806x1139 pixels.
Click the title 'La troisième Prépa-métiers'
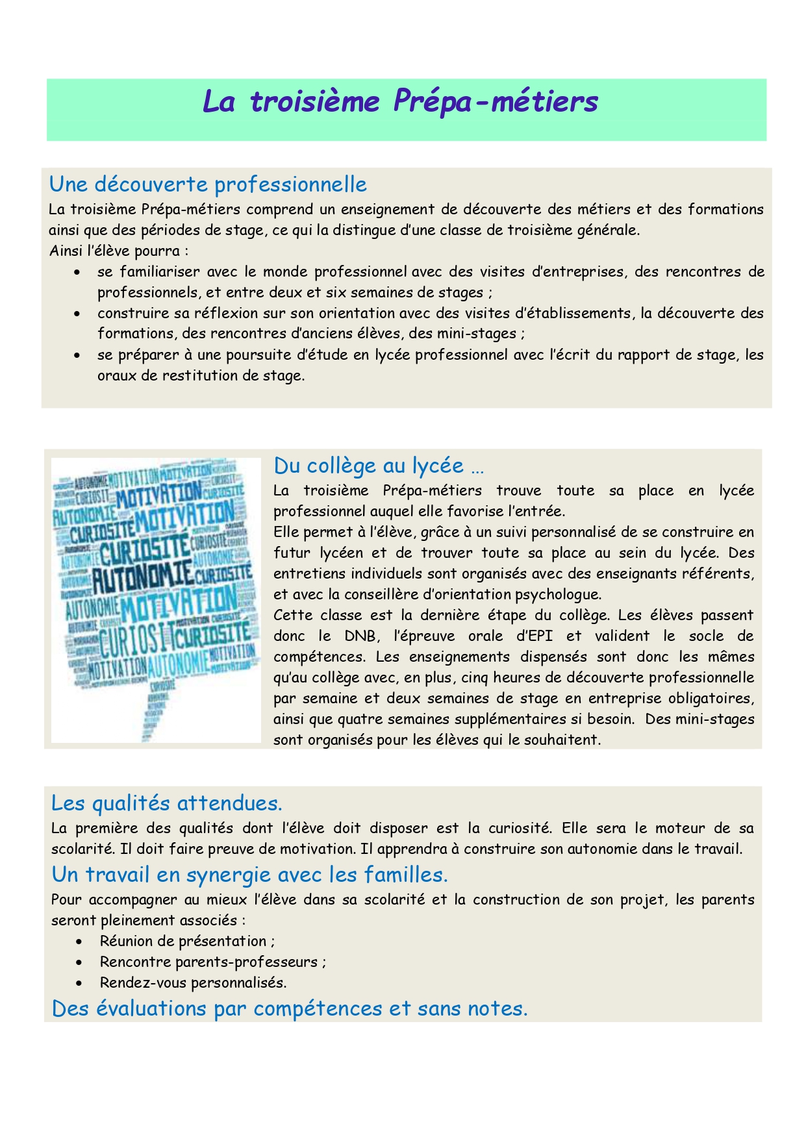point(400,102)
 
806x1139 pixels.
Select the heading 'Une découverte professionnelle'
point(208,184)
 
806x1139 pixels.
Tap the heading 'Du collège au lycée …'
point(379,466)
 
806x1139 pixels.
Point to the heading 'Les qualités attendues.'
point(166,803)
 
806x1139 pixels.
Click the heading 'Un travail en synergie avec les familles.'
point(249,875)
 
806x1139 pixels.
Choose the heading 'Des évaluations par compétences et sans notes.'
point(290,1008)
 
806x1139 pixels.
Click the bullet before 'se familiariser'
point(78,272)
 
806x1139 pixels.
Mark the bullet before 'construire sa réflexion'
point(78,314)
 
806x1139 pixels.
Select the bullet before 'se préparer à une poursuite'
point(78,355)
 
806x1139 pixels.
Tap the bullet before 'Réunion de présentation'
point(79,942)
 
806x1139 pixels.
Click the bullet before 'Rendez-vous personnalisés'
point(79,983)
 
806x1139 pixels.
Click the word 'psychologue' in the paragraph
point(558,594)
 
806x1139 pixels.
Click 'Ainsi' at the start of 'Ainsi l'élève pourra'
point(64,251)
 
